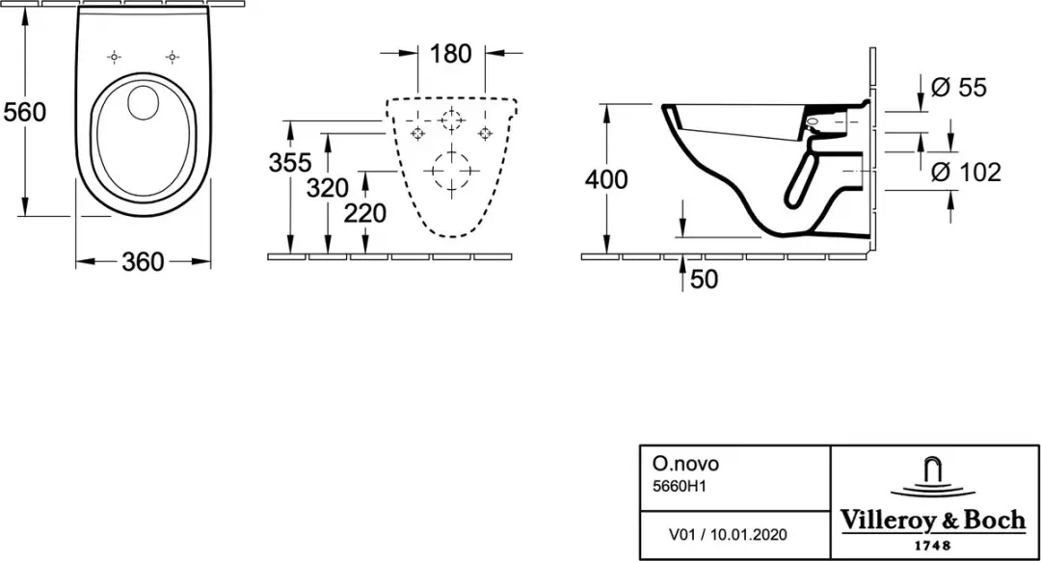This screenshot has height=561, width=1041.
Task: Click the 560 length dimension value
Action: (24, 112)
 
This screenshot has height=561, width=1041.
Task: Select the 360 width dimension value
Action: (143, 261)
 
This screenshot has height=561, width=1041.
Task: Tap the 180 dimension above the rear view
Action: (451, 54)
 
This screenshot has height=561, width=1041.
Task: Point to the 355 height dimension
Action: (290, 162)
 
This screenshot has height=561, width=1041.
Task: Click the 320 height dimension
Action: (328, 188)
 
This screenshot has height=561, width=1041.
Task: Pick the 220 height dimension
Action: (364, 213)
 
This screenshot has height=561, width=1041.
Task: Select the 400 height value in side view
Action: (607, 179)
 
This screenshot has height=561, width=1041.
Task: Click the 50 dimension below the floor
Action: (705, 279)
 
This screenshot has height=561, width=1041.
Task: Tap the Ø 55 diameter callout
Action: (959, 87)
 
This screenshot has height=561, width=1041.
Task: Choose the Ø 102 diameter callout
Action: (966, 173)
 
